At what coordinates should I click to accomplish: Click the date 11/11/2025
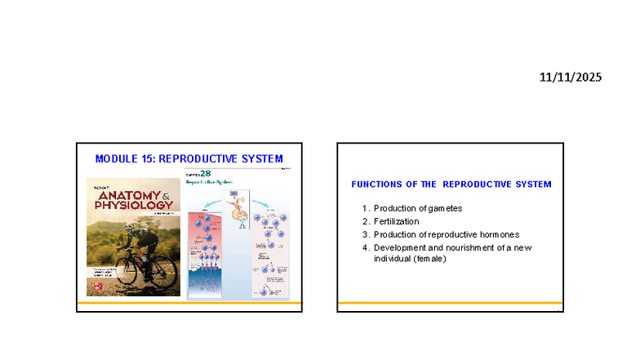click(x=571, y=78)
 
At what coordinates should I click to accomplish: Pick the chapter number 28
click(x=207, y=174)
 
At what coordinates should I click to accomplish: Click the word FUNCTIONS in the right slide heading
click(x=376, y=184)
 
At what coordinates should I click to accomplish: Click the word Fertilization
click(x=397, y=221)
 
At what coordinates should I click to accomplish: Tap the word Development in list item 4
click(x=400, y=247)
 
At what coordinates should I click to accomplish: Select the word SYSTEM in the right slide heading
click(x=531, y=184)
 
